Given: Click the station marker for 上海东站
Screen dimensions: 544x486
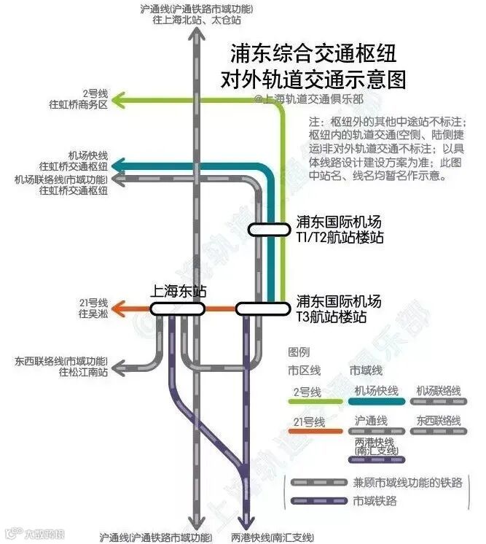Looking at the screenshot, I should click(177, 308).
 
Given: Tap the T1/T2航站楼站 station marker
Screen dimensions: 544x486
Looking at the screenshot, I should click(269, 229).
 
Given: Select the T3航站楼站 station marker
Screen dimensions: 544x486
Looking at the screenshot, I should click(263, 308).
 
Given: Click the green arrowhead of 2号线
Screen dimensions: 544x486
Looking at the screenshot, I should click(124, 98).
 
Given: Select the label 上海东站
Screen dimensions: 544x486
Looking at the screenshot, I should click(178, 290).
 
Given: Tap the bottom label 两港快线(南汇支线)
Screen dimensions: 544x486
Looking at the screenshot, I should click(272, 537).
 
